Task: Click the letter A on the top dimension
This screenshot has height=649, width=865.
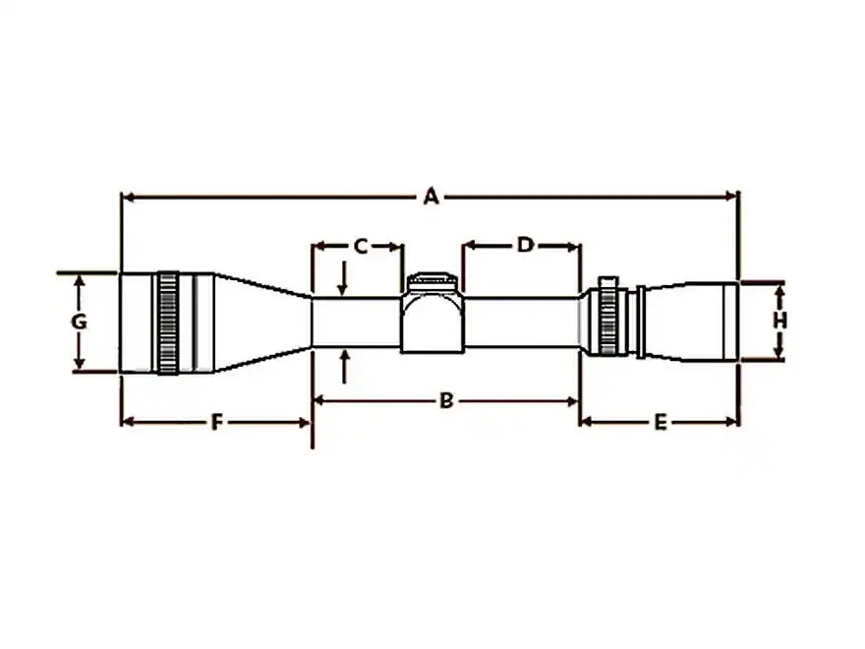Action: pos(430,198)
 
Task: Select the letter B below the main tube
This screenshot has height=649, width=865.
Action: pos(445,401)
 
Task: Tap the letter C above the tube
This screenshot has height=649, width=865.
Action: pos(360,246)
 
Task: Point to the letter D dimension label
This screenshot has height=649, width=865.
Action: pos(524,245)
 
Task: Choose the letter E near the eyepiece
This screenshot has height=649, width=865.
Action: pos(660,422)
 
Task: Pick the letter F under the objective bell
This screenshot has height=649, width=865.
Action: pos(216,422)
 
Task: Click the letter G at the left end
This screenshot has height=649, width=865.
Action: pos(80,323)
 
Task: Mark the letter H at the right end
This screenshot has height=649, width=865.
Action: pos(779,321)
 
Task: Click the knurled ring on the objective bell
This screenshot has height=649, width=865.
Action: pos(168,323)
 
